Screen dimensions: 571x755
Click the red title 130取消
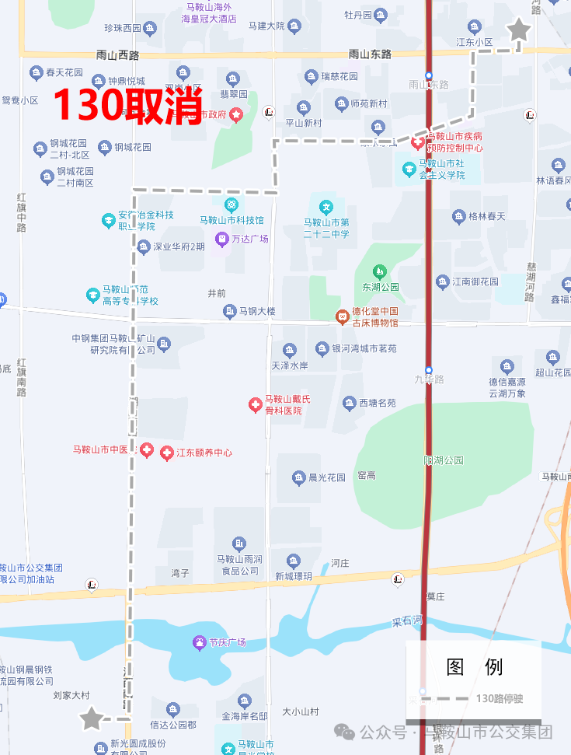tap(128, 105)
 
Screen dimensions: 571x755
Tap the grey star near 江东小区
tap(518, 31)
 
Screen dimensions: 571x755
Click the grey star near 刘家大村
tap(92, 718)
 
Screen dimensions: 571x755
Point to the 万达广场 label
tap(249, 239)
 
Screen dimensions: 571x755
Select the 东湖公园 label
tap(380, 286)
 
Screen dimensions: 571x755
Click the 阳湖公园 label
tap(444, 460)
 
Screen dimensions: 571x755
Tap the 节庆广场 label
tap(227, 642)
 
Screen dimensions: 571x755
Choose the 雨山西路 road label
tap(117, 54)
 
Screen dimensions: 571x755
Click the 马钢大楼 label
tap(257, 312)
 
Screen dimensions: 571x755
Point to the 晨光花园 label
tap(327, 477)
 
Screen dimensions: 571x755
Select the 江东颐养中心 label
tap(204, 453)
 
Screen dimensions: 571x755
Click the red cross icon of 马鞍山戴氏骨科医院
tap(255, 404)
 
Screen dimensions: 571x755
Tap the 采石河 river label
tap(406, 623)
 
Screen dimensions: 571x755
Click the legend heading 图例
tap(474, 666)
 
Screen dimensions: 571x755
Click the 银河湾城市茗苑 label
tap(364, 348)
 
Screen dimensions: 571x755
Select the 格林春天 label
tap(487, 216)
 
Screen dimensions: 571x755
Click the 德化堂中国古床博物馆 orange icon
tap(342, 316)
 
